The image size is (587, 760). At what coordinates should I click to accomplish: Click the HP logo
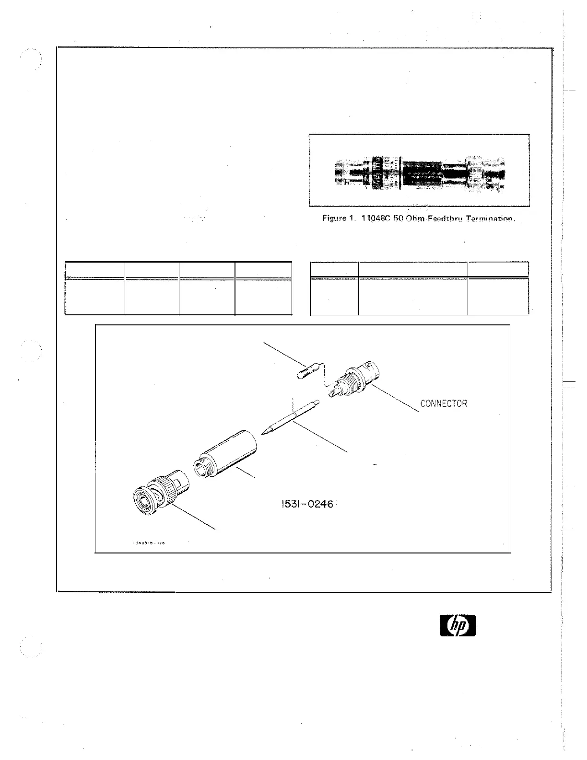click(458, 626)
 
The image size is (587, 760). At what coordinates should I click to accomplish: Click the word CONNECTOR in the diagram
click(443, 403)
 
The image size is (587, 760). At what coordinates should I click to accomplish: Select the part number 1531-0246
click(306, 505)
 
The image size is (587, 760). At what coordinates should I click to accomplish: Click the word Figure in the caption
click(333, 219)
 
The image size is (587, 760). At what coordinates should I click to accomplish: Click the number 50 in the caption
click(394, 219)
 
